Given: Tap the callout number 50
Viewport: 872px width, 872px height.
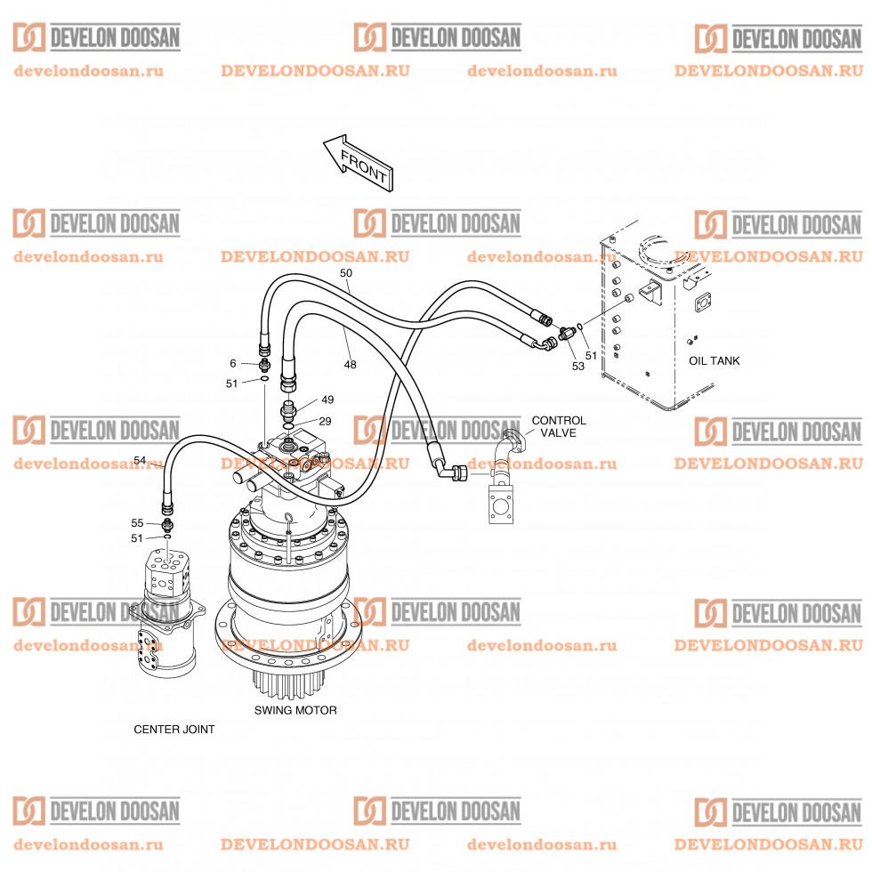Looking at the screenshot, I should (x=346, y=272).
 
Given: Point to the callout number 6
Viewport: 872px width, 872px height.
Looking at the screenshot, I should (x=233, y=363).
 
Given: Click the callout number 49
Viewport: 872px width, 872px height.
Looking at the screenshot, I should (x=327, y=400).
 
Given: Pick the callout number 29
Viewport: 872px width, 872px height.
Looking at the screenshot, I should (x=325, y=421).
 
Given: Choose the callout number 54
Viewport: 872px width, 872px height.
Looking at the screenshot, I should (x=140, y=460).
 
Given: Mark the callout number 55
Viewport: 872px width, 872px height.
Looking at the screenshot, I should (x=137, y=523).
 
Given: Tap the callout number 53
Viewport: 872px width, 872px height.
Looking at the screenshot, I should (x=578, y=366).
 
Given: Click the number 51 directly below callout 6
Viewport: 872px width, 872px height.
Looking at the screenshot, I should (x=231, y=384).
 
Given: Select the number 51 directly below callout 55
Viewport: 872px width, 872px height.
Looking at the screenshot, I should (x=137, y=538).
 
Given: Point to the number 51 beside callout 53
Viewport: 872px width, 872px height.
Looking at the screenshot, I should (x=591, y=355).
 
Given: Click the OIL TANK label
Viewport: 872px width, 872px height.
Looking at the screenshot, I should (x=714, y=361).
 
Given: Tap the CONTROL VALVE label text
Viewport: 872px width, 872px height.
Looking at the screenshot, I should (x=559, y=426).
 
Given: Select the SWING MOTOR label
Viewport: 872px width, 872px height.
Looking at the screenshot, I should (x=295, y=710).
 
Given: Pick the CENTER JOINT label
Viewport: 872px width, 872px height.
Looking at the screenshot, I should (x=174, y=730).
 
